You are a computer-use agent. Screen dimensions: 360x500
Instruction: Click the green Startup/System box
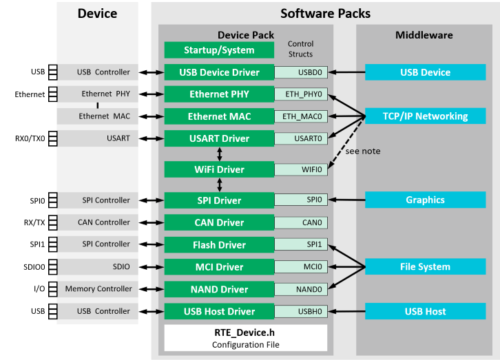click(x=218, y=50)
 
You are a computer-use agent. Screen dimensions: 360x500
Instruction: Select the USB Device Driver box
click(x=218, y=72)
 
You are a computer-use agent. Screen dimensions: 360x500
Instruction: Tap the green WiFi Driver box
click(x=218, y=169)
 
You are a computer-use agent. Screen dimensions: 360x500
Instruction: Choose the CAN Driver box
click(x=218, y=222)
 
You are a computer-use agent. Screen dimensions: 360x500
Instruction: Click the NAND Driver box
click(x=218, y=289)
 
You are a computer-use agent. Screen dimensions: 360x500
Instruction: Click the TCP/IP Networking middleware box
click(x=425, y=116)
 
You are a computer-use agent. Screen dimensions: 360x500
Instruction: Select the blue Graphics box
click(x=425, y=200)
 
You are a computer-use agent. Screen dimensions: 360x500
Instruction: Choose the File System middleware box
click(x=425, y=267)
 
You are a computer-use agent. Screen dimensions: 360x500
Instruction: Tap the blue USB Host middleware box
click(x=425, y=311)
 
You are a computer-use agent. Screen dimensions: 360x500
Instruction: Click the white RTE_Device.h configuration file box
click(x=245, y=338)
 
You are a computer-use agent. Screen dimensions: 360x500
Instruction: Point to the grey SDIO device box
click(x=97, y=267)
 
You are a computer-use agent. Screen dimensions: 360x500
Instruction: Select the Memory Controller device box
click(x=97, y=289)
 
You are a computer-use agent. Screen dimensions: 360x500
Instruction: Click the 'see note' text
click(x=363, y=151)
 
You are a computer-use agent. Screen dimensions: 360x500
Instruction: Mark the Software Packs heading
click(x=325, y=14)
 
